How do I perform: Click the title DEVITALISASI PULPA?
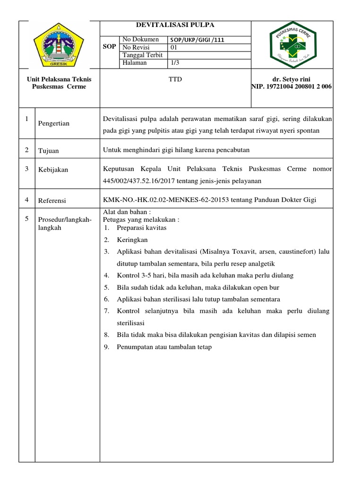click(x=175, y=25)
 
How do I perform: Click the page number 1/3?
click(x=174, y=62)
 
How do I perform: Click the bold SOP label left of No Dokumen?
click(x=109, y=47)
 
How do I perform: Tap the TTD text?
click(x=175, y=79)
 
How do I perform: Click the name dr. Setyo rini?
click(x=292, y=79)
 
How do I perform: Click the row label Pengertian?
click(x=54, y=123)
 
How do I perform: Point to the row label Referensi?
click(x=52, y=200)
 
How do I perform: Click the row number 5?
click(x=26, y=218)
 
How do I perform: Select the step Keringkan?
click(x=132, y=240)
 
